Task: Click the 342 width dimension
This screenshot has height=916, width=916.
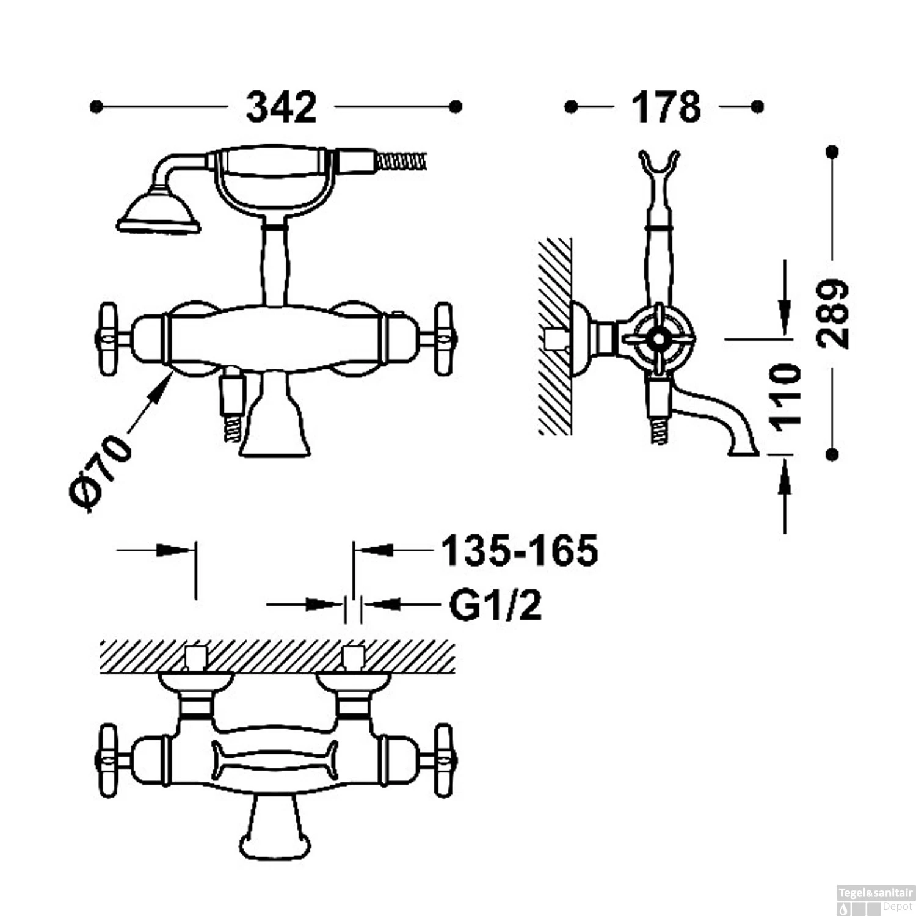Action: pyautogui.click(x=281, y=107)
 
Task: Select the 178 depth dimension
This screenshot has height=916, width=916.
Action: pyautogui.click(x=666, y=107)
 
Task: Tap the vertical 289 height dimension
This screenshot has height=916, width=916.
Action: pyautogui.click(x=834, y=314)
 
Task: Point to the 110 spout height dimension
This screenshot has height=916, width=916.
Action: pyautogui.click(x=786, y=395)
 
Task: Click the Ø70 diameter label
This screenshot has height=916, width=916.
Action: pyautogui.click(x=101, y=472)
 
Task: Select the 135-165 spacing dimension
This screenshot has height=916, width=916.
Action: pyautogui.click(x=519, y=551)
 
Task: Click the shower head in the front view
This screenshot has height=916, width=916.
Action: pyautogui.click(x=159, y=214)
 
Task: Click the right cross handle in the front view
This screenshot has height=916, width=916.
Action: pyautogui.click(x=445, y=340)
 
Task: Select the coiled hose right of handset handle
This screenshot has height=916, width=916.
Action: pyautogui.click(x=400, y=162)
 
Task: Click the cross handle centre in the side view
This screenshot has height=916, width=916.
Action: pyautogui.click(x=658, y=338)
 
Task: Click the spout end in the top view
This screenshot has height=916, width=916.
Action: pyautogui.click(x=275, y=846)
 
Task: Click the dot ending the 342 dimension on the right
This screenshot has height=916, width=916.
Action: pyautogui.click(x=455, y=107)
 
